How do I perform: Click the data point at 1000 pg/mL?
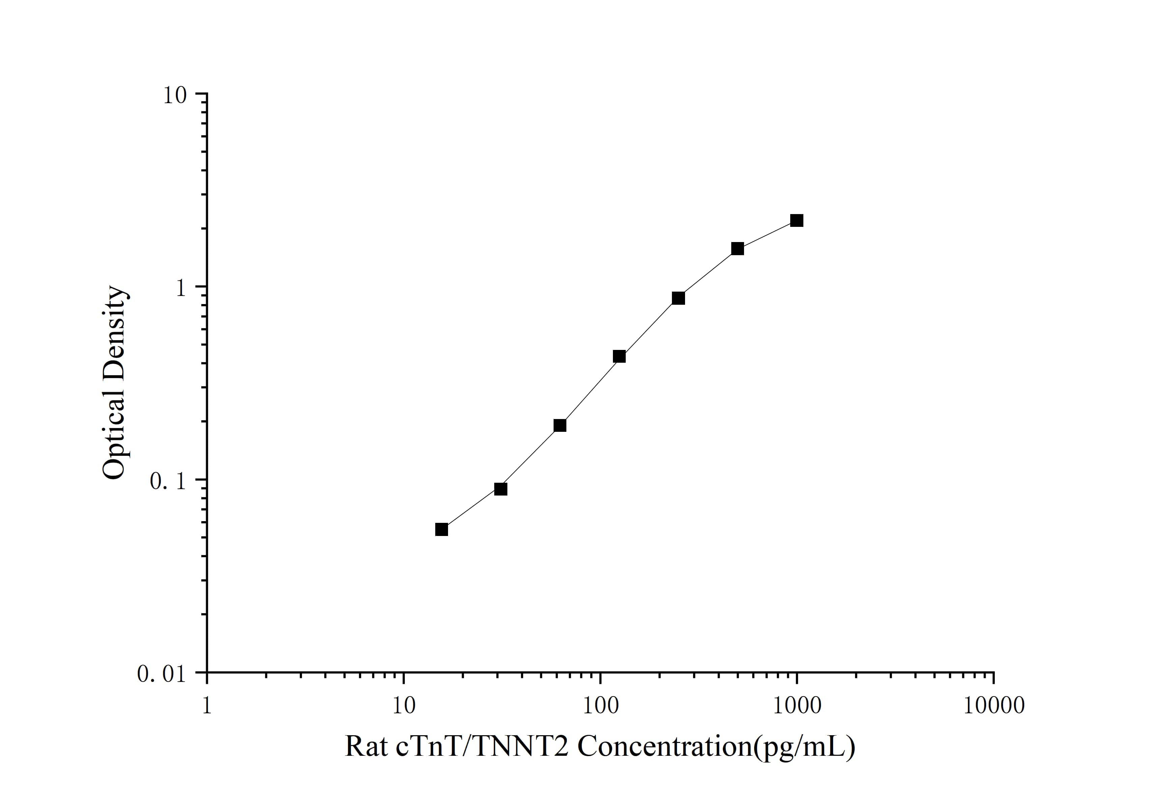click(797, 220)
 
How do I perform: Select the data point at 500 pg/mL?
click(737, 249)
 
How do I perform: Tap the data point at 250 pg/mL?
click(678, 298)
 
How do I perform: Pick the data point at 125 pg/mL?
click(619, 357)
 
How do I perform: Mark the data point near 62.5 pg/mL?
click(560, 426)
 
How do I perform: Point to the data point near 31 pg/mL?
click(501, 489)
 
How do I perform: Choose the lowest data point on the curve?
click(441, 530)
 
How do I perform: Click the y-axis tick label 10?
click(174, 95)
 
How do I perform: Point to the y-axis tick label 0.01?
click(162, 674)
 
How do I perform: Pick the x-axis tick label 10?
click(403, 706)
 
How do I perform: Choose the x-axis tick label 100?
click(600, 706)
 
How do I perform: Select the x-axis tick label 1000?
click(797, 706)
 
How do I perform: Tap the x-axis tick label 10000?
click(994, 706)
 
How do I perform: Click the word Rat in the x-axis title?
click(366, 746)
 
